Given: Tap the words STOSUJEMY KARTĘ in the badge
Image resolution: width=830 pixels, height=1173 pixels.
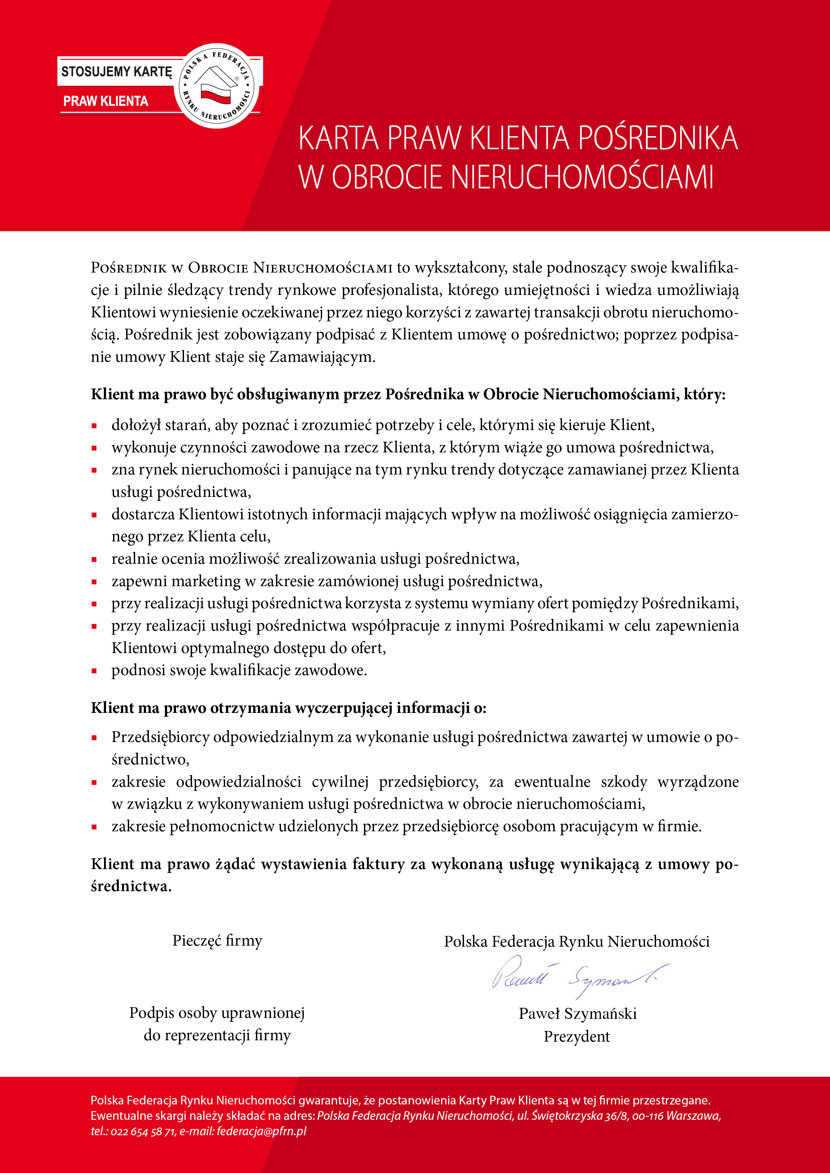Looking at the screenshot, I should (x=116, y=72).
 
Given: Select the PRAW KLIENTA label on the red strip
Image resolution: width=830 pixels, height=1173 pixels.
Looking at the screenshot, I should (x=106, y=101).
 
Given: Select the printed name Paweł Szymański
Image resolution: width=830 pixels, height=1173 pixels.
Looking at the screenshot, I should (x=577, y=1014).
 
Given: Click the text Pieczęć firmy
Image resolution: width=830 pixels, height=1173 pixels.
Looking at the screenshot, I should (x=217, y=941).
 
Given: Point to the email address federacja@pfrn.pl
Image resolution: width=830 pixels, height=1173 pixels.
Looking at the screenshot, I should (x=261, y=1131).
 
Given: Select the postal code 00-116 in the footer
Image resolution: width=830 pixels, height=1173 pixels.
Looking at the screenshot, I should (x=648, y=1116).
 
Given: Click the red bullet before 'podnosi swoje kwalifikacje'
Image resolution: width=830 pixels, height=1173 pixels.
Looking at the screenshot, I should (x=94, y=671).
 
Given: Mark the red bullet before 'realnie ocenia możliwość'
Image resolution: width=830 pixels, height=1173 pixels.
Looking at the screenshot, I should (x=94, y=559).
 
